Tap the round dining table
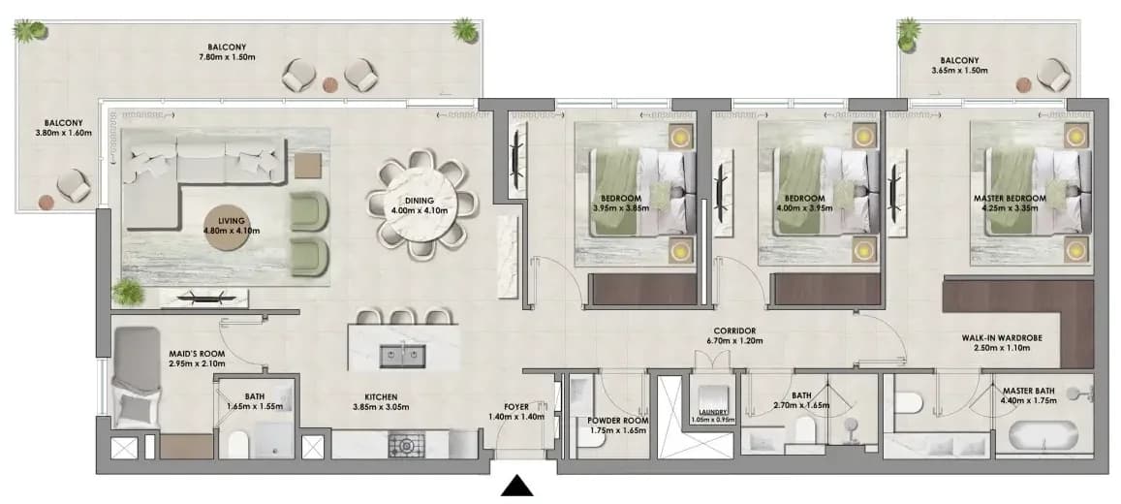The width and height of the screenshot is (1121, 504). tap(421, 205)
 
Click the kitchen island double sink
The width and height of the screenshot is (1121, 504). tap(403, 355)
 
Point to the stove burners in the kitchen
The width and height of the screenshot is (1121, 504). tap(406, 445)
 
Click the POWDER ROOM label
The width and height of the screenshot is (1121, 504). tap(617, 421)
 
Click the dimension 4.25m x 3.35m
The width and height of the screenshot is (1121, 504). tap(1011, 208)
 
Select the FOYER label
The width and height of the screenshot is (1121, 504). tap(515, 407)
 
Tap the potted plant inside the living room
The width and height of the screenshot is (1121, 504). tap(129, 292)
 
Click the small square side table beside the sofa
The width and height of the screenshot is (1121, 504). tap(308, 166)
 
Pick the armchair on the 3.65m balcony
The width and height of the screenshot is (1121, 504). tap(1053, 75)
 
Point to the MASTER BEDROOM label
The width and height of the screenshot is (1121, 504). tap(1010, 198)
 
